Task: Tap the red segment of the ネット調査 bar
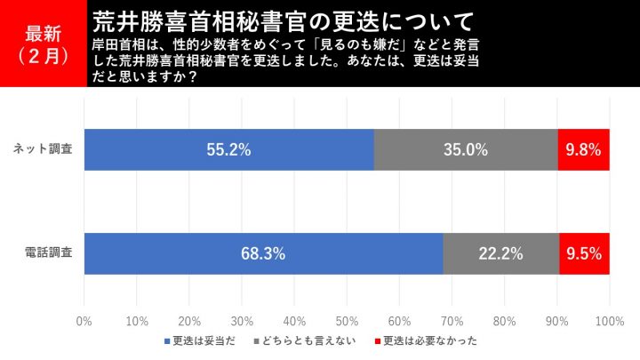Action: [584, 149]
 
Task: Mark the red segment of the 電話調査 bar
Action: [585, 253]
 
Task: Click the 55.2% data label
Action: [229, 150]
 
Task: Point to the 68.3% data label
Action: [263, 254]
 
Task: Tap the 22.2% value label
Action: [501, 254]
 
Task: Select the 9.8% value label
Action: [584, 150]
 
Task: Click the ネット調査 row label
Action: [49, 149]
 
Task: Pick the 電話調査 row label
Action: [49, 253]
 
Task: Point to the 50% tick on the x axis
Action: [348, 321]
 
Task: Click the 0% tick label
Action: [85, 321]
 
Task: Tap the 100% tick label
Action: [610, 321]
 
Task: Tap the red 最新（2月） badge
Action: [44, 44]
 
